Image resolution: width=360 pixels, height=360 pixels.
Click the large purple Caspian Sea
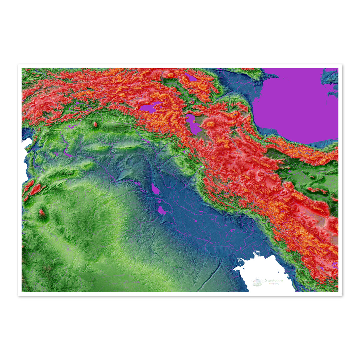pyautogui.click(x=297, y=103)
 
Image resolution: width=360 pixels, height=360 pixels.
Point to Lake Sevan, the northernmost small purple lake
pyautogui.click(x=191, y=77)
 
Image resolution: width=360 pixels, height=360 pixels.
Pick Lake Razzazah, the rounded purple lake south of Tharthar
pyautogui.click(x=162, y=210)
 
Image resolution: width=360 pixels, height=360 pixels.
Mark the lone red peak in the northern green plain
pyautogui.click(x=95, y=124)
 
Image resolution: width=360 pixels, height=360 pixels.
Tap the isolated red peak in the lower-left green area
pyautogui.click(x=42, y=212)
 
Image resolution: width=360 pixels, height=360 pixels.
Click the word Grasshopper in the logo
pyautogui.click(x=274, y=281)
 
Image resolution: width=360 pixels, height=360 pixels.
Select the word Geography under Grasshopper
pyautogui.click(x=272, y=284)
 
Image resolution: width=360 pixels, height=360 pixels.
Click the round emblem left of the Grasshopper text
pyautogui.click(x=257, y=282)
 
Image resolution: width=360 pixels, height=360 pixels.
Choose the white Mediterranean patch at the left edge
pyautogui.click(x=24, y=157)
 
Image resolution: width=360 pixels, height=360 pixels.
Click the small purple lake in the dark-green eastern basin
pyautogui.click(x=289, y=172)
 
